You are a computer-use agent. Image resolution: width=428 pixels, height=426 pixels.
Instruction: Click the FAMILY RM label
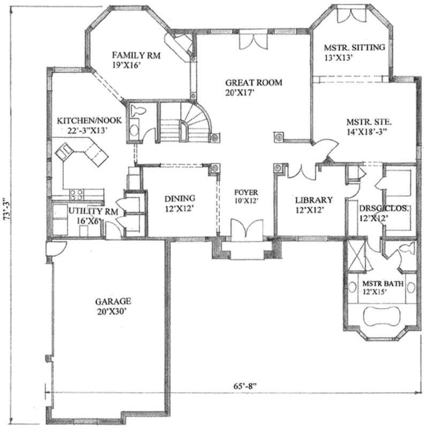pos(136,55)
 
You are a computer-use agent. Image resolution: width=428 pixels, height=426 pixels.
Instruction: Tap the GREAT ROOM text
pos(253,82)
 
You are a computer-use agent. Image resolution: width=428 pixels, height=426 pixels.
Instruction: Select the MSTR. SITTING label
pos(354,48)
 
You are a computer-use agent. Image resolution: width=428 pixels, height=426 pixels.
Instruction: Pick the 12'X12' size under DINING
pos(179,208)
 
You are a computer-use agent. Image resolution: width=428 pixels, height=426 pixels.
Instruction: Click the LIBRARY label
pos(314,200)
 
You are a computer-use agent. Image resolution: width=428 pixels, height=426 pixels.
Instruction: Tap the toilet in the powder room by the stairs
pos(140,112)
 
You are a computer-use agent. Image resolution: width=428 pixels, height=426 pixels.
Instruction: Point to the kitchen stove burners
pos(76,194)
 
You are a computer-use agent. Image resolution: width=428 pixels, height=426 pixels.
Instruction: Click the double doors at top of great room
pos(252,41)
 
